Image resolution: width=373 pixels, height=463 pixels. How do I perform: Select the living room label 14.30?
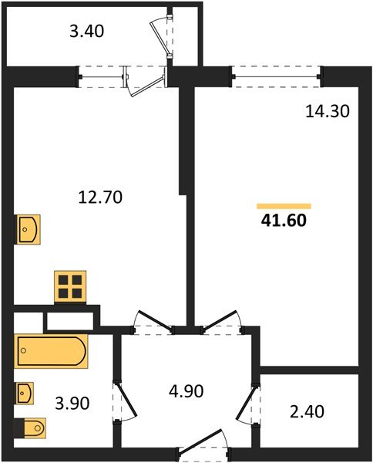328,112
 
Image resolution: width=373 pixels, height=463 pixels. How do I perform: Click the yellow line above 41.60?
284,206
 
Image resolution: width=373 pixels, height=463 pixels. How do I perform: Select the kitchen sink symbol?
29,230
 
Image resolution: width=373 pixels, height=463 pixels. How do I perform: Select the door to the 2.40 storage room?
251,401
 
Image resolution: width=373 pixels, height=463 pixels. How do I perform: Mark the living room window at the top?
276,75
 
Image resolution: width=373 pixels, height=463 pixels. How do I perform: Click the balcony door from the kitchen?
146,80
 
